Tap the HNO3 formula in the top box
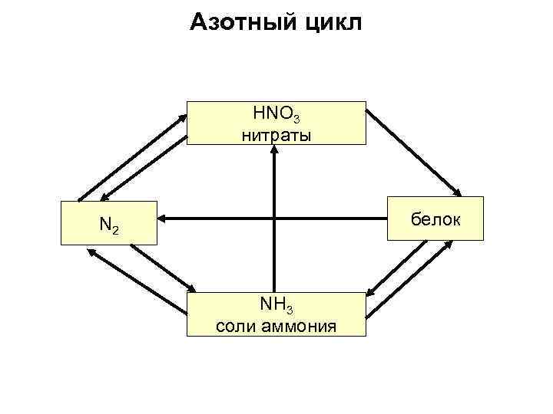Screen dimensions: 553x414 coord(276,114)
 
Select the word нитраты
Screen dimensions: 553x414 coord(276,136)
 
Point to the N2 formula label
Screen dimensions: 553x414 coord(108,225)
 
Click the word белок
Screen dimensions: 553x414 coord(435,219)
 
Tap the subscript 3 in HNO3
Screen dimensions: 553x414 coord(296,118)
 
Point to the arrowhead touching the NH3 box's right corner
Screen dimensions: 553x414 coord(369,292)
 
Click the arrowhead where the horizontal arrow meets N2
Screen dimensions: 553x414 coord(163,219)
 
